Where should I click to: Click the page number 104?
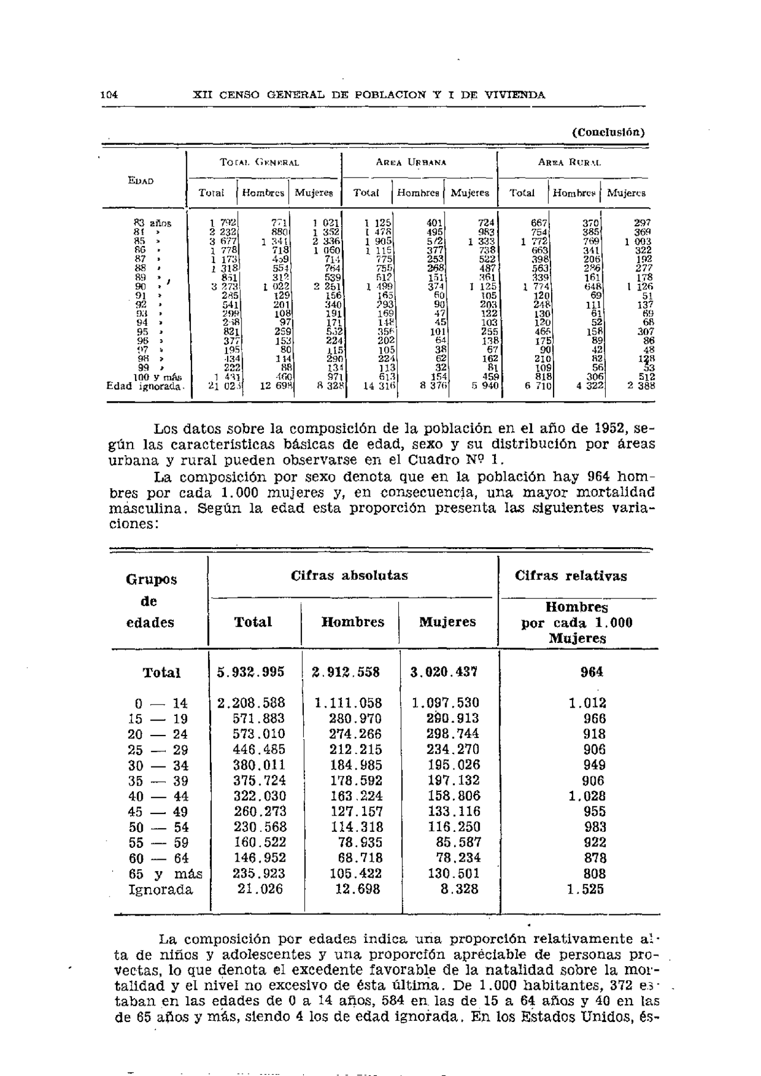pyautogui.click(x=109, y=95)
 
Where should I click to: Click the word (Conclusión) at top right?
pyautogui.click(x=608, y=132)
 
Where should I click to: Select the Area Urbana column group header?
pyautogui.click(x=419, y=162)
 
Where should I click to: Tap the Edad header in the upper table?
pyautogui.click(x=141, y=181)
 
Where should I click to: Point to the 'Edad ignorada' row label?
pyautogui.click(x=146, y=386)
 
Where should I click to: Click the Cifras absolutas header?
pyautogui.click(x=350, y=576)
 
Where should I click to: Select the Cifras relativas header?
pyautogui.click(x=571, y=576)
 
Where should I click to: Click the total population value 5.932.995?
pyautogui.click(x=250, y=672)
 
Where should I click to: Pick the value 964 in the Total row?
pyautogui.click(x=592, y=672)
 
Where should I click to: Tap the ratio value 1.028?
pyautogui.click(x=587, y=796)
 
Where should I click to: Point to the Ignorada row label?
pyautogui.click(x=161, y=890)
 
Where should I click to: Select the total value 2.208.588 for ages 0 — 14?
pyautogui.click(x=250, y=703)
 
